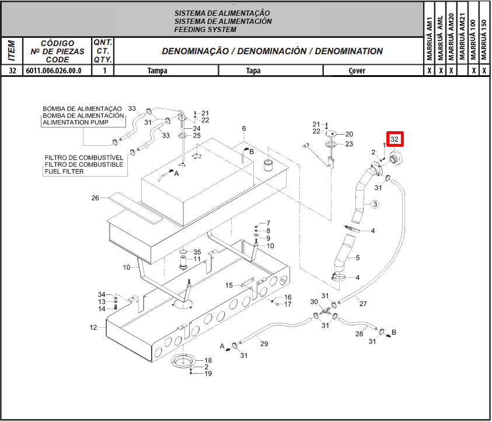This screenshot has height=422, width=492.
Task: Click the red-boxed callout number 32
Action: coord(395,140)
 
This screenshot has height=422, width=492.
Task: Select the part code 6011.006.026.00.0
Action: coord(54,71)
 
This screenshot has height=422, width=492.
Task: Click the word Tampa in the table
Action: coord(157,71)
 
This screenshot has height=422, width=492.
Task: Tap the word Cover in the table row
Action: coord(357,71)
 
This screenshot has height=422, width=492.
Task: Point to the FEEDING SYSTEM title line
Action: coord(205,30)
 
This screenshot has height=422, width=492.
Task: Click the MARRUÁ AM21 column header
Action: coord(462,38)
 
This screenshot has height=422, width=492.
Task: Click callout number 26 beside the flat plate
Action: coord(95,198)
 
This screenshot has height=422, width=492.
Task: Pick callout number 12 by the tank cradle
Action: coord(93,328)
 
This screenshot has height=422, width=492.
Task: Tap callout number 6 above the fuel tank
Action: coord(244,129)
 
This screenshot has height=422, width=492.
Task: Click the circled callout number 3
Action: coord(375,204)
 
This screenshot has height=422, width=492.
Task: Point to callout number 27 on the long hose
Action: coord(363,304)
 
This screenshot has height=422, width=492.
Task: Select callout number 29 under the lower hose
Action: coord(264,344)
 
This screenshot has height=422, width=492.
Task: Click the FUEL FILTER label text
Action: coord(64,171)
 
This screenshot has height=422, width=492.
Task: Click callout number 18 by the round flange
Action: coord(208,361)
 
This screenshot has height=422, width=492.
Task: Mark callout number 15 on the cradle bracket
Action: coord(229,285)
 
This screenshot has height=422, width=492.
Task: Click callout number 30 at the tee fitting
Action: coord(314,301)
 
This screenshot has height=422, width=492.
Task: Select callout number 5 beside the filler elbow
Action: coord(358,258)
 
